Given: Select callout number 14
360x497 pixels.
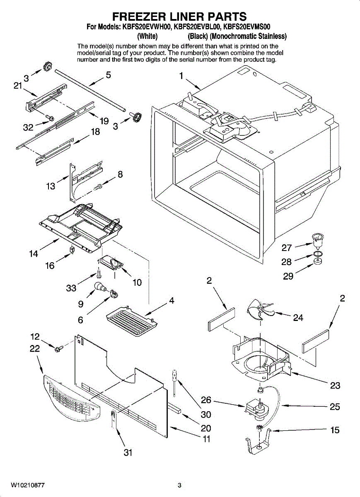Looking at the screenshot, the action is coord(34,253).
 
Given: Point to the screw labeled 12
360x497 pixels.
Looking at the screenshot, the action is coord(58,348).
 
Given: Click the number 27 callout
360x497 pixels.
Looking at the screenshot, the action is coord(286,248).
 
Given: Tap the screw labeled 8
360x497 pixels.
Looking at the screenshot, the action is coord(98,187).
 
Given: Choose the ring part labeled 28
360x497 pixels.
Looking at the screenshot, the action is coord(318,254).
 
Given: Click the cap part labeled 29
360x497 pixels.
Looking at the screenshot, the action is coord(318,261).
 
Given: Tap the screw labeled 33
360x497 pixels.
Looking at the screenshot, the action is coord(99,275).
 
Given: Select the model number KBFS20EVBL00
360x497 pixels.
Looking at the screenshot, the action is coord(197,27).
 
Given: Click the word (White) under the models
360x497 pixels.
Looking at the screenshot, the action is coord(147,36).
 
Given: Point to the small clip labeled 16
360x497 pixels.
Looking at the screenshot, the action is coord(72,249).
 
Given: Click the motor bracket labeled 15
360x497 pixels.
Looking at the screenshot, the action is coord(259,440).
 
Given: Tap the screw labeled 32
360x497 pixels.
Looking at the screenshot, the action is coord(49,117).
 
